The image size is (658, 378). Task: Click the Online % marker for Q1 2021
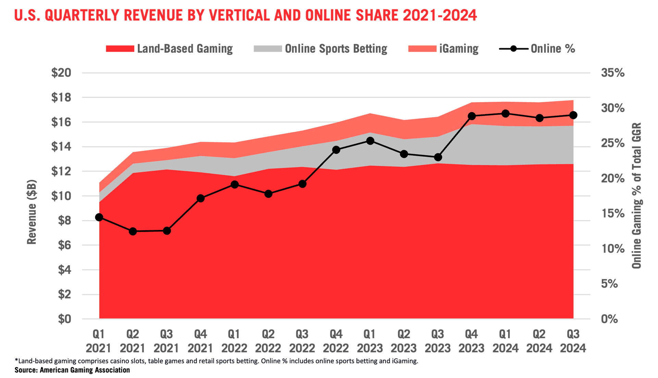tap(99, 217)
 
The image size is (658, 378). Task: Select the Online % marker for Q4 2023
tap(472, 116)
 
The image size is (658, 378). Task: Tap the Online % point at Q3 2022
tap(302, 184)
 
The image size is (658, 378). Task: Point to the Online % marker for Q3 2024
tap(573, 115)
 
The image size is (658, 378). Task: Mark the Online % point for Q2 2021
tap(133, 232)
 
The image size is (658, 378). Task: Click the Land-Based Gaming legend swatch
tap(120, 49)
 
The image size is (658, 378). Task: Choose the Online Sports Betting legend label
tap(336, 49)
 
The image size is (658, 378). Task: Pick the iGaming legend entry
tap(459, 49)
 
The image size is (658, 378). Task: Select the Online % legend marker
tap(513, 49)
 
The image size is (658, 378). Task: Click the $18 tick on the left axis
tap(61, 97)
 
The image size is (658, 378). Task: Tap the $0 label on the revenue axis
tap(64, 319)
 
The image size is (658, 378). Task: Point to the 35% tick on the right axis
tap(613, 73)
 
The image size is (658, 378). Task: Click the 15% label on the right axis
tap(613, 214)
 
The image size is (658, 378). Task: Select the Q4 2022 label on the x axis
tap(336, 341)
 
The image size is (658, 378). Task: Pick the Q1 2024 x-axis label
tap(505, 341)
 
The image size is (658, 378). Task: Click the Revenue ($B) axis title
tap(32, 212)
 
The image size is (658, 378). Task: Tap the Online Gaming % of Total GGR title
tap(637, 195)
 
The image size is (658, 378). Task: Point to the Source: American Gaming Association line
tap(72, 370)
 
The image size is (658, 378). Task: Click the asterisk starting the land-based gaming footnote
tap(16, 360)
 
